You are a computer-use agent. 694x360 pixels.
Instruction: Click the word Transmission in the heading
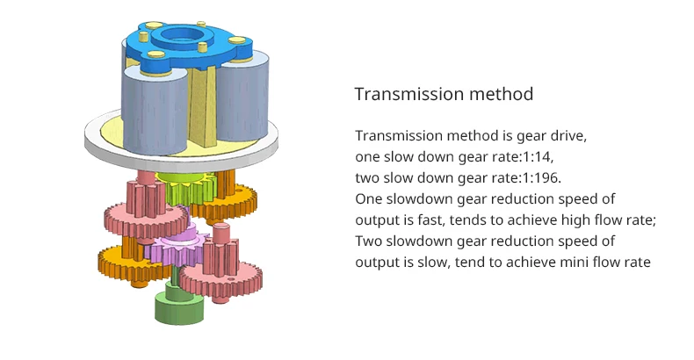coord(408,94)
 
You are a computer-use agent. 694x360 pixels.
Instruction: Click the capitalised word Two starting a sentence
coord(368,241)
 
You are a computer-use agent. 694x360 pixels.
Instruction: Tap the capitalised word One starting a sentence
coord(368,198)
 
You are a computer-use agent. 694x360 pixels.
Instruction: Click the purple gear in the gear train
coord(176,248)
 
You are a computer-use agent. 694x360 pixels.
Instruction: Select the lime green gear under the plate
coord(188,189)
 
